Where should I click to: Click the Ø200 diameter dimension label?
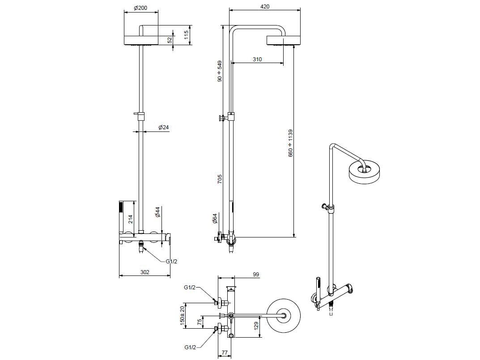[140, 8]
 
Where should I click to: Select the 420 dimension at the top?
[264, 7]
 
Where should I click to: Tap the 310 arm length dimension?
[257, 59]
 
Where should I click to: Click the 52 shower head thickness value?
[170, 40]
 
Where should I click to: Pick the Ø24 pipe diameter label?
[164, 127]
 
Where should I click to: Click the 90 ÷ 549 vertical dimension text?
[219, 71]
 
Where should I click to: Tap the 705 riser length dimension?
[219, 179]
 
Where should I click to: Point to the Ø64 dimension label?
[215, 219]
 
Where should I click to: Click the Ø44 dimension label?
[157, 212]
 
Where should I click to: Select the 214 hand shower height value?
[131, 219]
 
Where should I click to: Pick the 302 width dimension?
[144, 272]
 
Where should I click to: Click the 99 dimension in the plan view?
[256, 275]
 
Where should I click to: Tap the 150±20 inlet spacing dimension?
[183, 316]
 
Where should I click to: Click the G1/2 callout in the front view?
[171, 262]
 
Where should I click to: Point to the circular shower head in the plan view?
[284, 316]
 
